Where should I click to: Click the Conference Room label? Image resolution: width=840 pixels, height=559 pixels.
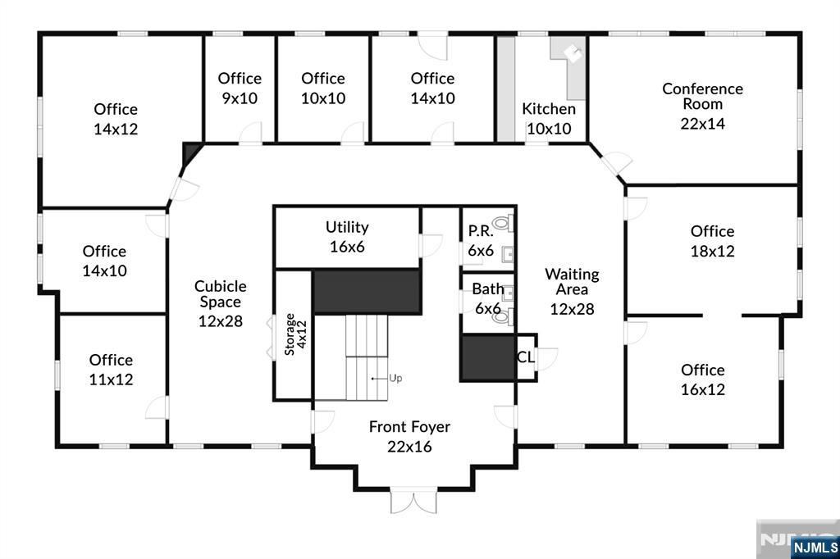point(702,96)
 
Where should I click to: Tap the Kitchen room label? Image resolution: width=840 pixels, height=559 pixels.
point(549,109)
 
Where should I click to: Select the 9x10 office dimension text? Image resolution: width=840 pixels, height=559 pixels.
point(240,98)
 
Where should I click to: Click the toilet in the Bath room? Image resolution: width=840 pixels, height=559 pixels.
point(501,316)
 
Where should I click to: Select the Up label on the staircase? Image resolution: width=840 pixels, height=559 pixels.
point(395,379)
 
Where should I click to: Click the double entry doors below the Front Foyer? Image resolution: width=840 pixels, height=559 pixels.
point(413,501)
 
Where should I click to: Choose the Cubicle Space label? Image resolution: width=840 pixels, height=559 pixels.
point(220,303)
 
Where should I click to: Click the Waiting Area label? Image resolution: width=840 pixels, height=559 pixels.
point(572,291)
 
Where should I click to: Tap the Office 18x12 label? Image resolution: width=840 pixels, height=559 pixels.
point(712,241)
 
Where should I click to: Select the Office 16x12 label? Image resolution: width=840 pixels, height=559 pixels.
point(702,379)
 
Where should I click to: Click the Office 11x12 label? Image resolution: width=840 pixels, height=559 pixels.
point(111,370)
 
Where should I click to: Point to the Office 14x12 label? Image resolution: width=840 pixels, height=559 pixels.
point(116,119)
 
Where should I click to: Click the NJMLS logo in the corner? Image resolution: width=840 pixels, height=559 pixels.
point(814,547)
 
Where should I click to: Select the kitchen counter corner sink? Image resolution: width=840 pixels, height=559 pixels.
point(573,53)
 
